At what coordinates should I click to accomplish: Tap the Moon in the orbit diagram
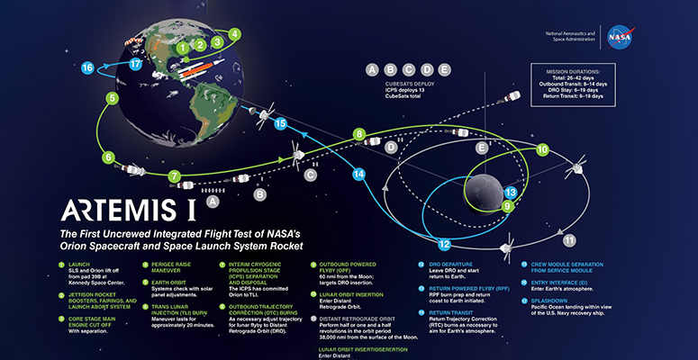[x=489, y=183]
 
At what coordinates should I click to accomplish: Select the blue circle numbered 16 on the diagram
[x=87, y=67]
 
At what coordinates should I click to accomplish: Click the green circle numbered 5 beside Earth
[x=112, y=98]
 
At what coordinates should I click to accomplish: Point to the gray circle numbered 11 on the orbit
[x=568, y=241]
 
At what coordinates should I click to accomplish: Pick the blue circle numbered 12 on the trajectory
[x=443, y=243]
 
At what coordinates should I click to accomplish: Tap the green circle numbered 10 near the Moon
[x=542, y=149]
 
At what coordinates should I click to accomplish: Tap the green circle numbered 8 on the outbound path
[x=359, y=135]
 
